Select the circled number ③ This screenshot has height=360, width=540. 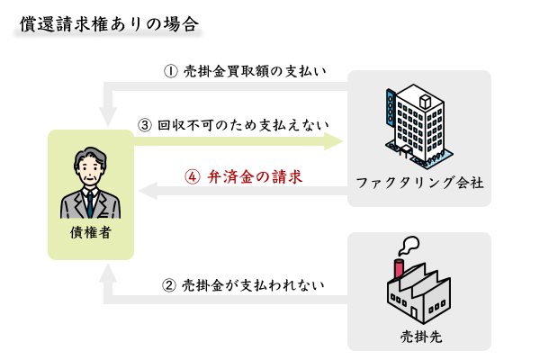pyautogui.click(x=145, y=124)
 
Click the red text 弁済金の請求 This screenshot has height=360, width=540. pyautogui.click(x=254, y=177)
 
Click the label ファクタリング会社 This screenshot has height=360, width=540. pyautogui.click(x=419, y=183)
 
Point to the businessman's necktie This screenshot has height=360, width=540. pyautogui.click(x=90, y=203)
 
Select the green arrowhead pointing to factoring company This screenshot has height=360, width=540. pyautogui.click(x=334, y=140)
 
